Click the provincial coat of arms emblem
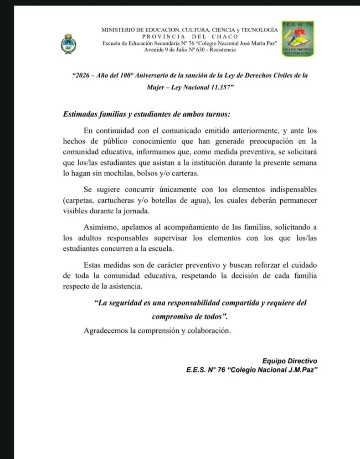pyautogui.click(x=68, y=45)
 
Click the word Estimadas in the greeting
pyautogui.click(x=81, y=114)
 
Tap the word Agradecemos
pyautogui.click(x=106, y=330)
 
